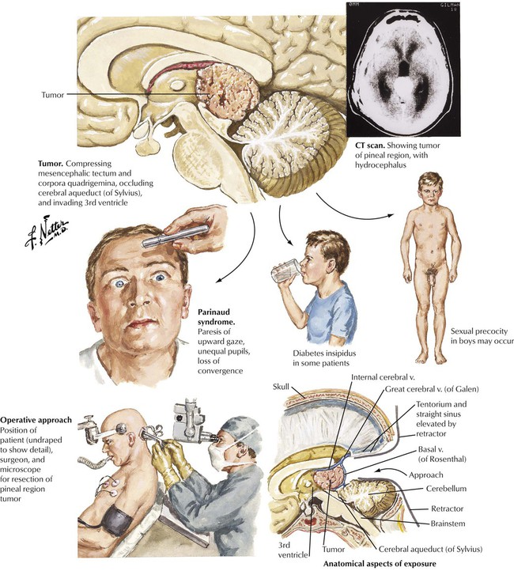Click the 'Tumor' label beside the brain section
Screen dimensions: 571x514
52,94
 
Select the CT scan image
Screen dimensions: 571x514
402,70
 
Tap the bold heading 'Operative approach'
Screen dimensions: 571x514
37,418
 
